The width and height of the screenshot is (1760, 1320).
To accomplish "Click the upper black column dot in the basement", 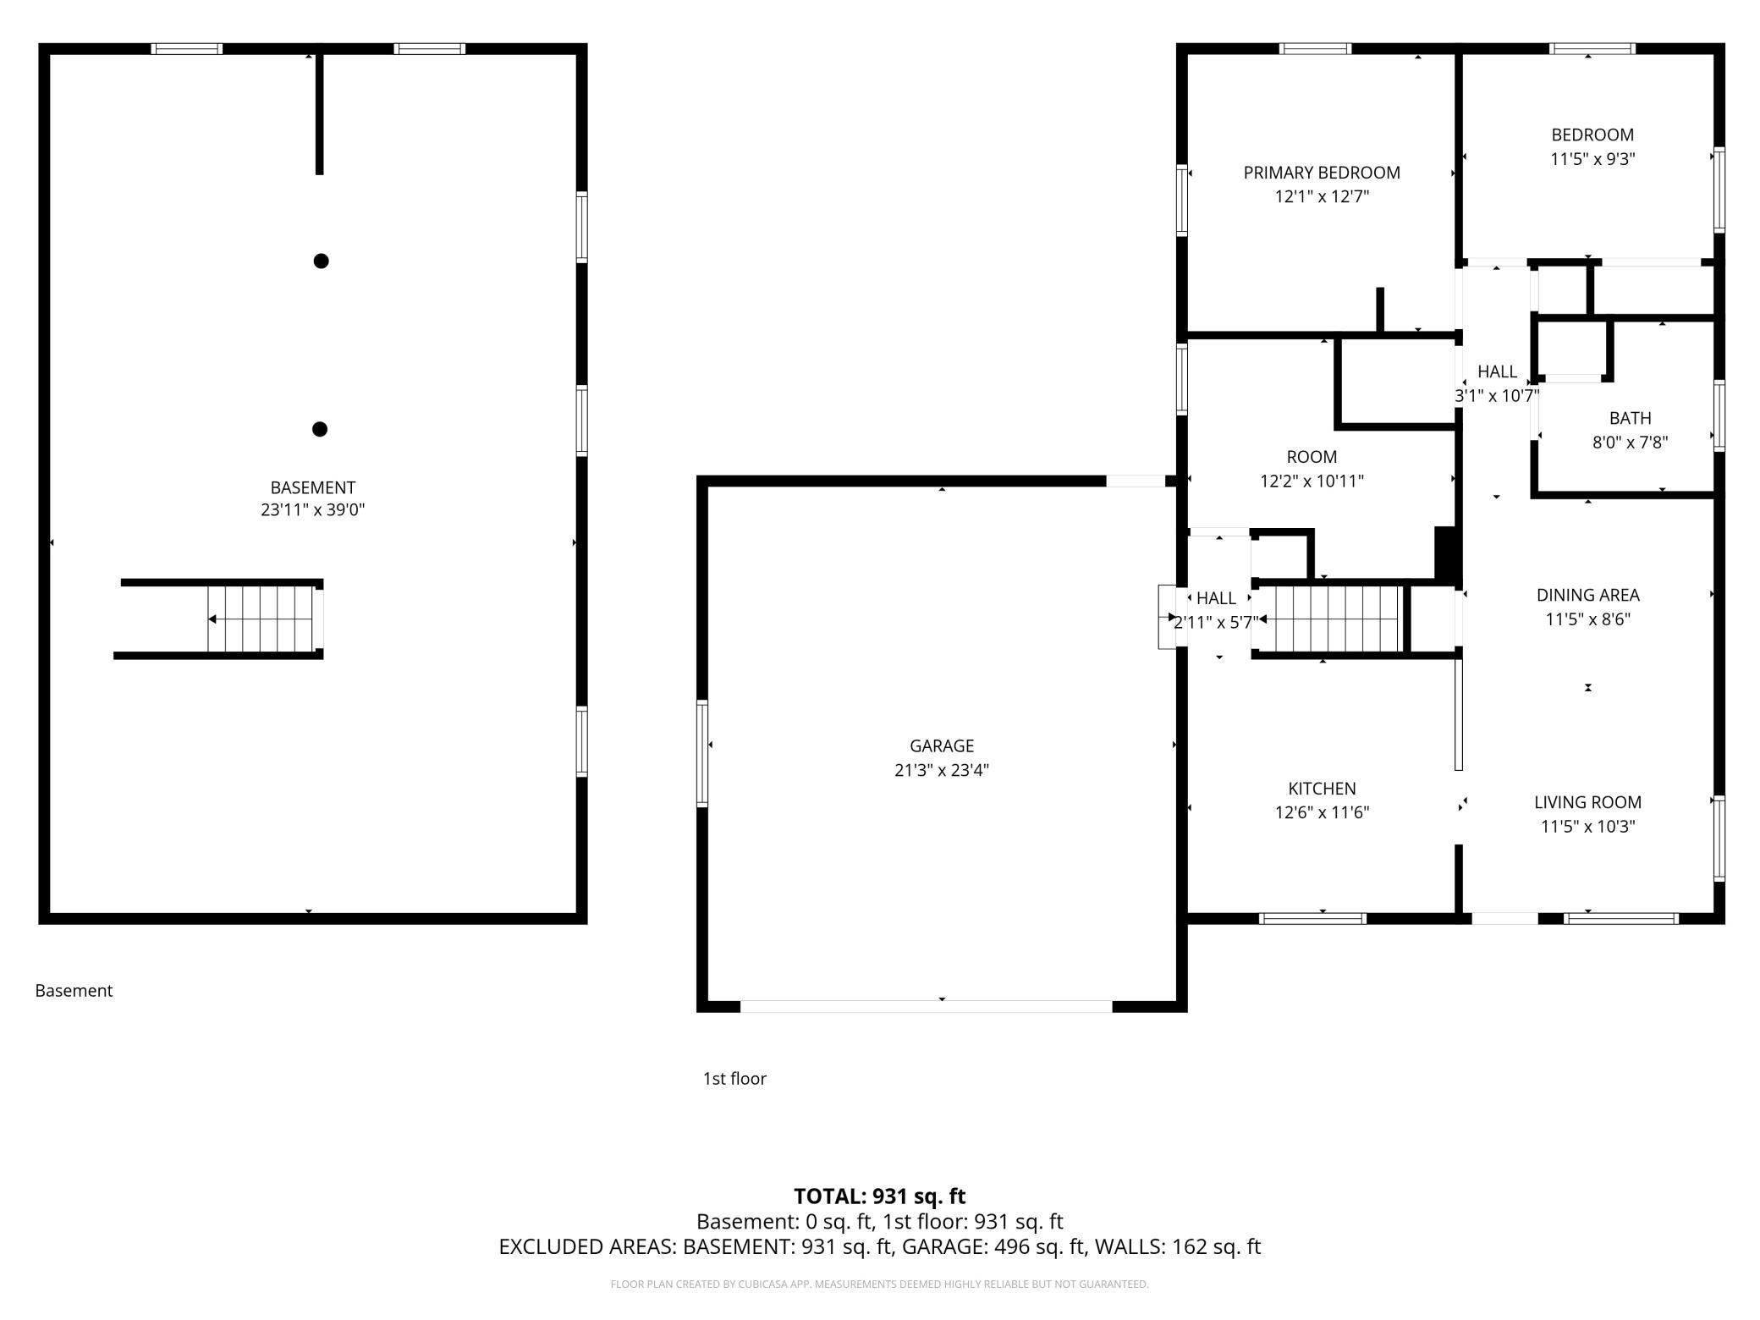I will coord(321,261).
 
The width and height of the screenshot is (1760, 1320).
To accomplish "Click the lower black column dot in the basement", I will coord(320,429).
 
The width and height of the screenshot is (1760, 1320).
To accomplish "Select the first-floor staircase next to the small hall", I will coord(1328,619).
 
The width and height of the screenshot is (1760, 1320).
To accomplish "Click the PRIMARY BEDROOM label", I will coord(1322,173).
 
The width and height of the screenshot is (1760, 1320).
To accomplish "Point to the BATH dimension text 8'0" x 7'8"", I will coord(1630,442).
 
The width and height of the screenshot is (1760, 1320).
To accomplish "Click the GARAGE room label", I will coord(942,745).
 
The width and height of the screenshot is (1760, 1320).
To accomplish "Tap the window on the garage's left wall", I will coord(702,753).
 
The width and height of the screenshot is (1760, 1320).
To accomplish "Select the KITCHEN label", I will coord(1322,789).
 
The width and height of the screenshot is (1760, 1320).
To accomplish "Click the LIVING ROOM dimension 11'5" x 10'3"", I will coord(1587,827).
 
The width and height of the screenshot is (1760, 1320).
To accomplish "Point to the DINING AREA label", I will coord(1587,595).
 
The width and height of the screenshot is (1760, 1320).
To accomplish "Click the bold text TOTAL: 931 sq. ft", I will coord(879,1196).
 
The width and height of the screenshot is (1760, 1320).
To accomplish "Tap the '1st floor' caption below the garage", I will coord(734,1078).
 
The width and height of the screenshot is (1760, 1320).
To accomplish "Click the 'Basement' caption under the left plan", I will coord(74,990).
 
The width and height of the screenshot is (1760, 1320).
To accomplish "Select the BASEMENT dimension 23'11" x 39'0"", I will coord(312,509).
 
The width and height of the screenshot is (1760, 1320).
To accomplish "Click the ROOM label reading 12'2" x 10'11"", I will coord(1312,481).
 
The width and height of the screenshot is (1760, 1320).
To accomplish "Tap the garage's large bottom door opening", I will coord(926,1006).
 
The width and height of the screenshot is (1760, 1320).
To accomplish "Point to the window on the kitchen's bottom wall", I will coord(1312,918).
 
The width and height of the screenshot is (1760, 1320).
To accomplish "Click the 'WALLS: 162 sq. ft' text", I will coord(1178,1246).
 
